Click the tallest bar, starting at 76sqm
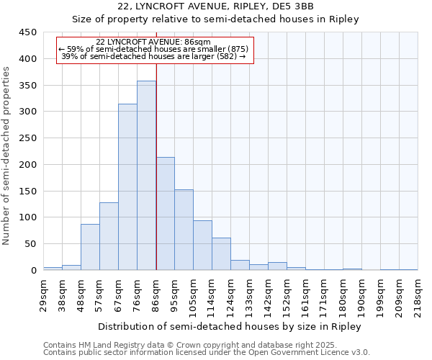click(146, 176)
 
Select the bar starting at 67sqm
click(127, 187)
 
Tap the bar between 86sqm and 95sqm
click(165, 214)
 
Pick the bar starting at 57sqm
click(109, 236)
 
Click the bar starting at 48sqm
click(90, 247)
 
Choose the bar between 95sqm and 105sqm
click(184, 230)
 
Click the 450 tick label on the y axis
click(28, 32)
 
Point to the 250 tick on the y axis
click(28, 138)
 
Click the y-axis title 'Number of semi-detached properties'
click(7, 155)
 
